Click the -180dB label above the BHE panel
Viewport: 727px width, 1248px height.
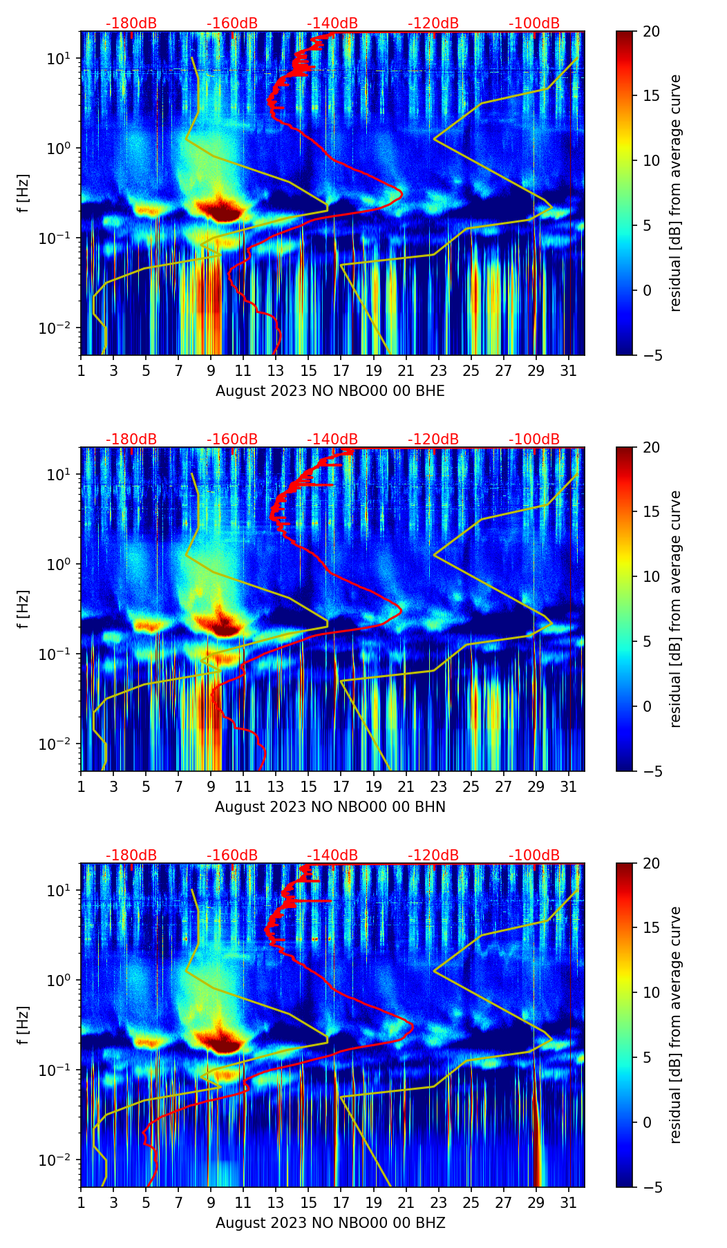click(x=131, y=23)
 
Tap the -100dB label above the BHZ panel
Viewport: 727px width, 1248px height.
click(x=534, y=855)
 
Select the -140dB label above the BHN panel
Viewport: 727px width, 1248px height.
click(x=332, y=439)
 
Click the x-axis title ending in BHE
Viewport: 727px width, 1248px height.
click(x=330, y=391)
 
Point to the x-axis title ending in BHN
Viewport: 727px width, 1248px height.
click(x=330, y=807)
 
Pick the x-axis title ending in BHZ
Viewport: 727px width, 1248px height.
click(x=330, y=1223)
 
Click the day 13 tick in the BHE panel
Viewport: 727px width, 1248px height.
click(x=276, y=370)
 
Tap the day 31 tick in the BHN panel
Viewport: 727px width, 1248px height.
click(x=568, y=786)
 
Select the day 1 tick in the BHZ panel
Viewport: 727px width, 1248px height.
click(x=81, y=1202)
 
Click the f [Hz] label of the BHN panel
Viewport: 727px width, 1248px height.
click(x=23, y=609)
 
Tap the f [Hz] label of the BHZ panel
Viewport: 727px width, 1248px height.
click(x=23, y=1025)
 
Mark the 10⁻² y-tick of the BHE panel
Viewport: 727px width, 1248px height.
click(x=57, y=328)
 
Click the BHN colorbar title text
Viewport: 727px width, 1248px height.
click(x=675, y=609)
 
